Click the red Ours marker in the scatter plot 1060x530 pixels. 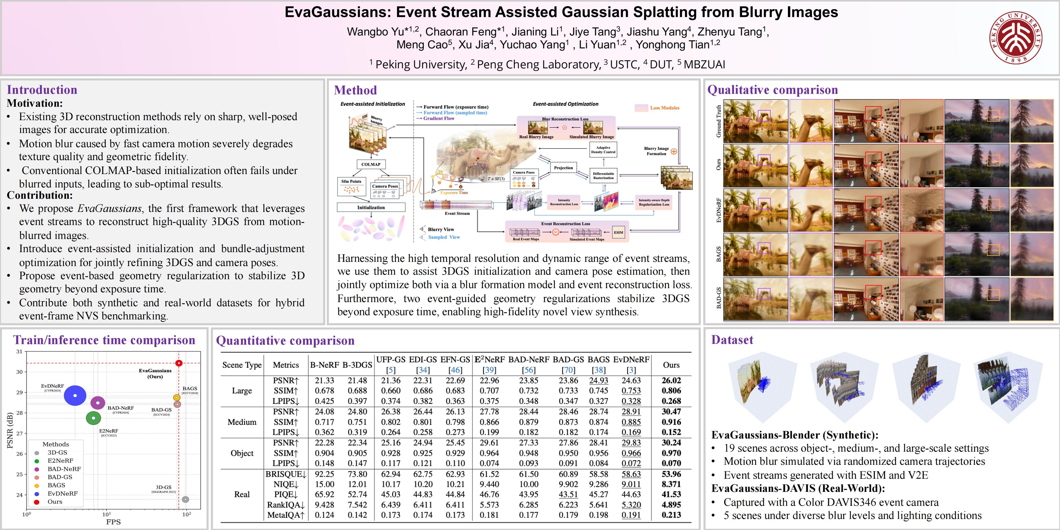(179, 363)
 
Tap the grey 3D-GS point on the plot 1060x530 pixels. (186, 499)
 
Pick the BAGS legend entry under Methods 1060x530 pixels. (56, 485)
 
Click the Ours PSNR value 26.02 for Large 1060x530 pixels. (671, 381)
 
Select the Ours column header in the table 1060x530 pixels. (671, 365)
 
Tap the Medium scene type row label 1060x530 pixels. (242, 422)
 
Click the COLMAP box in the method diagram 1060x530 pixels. (371, 164)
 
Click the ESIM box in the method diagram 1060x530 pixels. (619, 232)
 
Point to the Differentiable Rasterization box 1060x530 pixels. (603, 176)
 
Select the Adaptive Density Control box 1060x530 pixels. (603, 150)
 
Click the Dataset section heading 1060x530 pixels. (732, 340)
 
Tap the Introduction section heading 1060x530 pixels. (42, 90)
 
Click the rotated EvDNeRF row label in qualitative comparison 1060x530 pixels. (718, 210)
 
